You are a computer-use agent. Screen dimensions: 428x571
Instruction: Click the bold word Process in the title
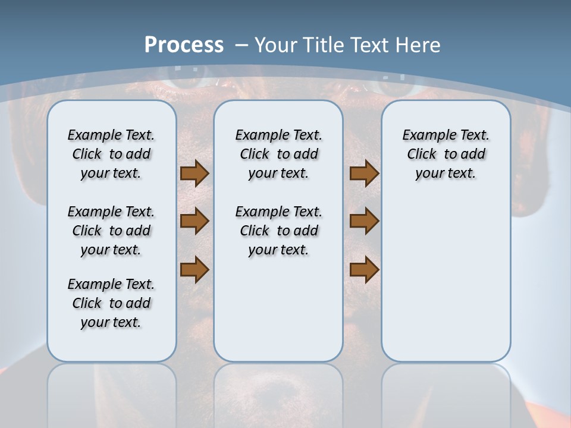click(184, 45)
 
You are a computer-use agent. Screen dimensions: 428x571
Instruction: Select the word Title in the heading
click(325, 45)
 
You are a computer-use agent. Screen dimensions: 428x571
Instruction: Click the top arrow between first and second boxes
click(194, 174)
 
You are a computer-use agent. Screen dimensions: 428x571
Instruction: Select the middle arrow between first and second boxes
click(194, 221)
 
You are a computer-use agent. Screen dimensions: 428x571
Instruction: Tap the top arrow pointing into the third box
click(364, 174)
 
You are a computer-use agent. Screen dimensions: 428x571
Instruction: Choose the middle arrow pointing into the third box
click(364, 221)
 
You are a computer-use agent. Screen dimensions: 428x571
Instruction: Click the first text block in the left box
click(111, 154)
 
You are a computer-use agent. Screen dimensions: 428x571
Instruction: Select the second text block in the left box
click(111, 231)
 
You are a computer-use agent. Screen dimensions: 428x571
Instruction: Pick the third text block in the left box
click(111, 303)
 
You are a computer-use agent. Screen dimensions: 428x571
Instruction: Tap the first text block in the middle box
click(278, 154)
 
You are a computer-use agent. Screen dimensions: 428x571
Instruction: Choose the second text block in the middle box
click(278, 231)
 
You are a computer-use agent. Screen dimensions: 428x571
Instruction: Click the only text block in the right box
click(445, 154)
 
